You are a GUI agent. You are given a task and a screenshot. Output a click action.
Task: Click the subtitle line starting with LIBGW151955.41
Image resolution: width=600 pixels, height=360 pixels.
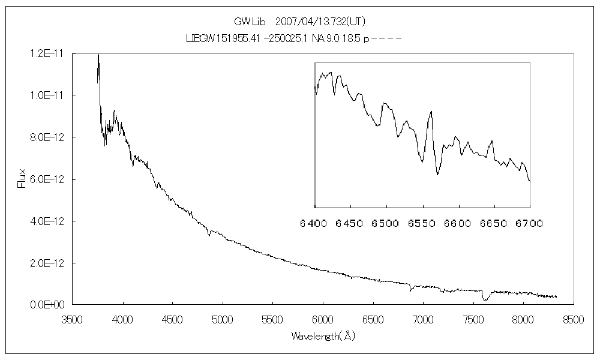(x=293, y=37)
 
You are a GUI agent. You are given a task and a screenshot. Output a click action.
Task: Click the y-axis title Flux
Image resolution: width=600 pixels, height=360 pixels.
(x=22, y=179)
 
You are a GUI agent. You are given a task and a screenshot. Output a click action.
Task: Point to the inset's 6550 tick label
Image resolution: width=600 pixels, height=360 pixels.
(x=422, y=223)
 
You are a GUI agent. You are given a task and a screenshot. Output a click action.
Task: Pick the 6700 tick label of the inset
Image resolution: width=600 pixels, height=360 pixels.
(x=529, y=223)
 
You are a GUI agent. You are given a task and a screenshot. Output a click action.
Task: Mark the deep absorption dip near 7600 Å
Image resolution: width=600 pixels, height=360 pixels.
(x=485, y=299)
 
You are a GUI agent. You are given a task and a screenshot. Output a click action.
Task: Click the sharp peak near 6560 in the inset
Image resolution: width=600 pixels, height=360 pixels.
(x=431, y=112)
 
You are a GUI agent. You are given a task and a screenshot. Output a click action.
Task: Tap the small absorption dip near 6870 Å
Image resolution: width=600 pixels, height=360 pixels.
(x=410, y=290)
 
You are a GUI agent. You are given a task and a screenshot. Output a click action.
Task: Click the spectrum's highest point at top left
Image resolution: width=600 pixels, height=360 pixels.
(x=98, y=55)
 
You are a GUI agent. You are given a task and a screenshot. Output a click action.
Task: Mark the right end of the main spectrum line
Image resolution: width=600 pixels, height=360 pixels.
(x=556, y=296)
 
